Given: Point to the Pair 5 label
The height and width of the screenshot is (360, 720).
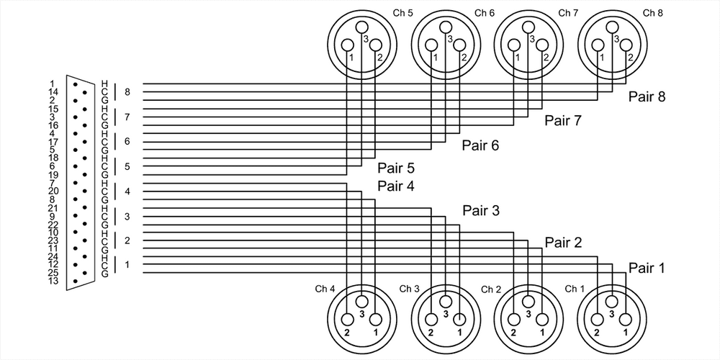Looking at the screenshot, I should coord(396,170).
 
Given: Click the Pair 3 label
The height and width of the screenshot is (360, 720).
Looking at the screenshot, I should coord(481,211).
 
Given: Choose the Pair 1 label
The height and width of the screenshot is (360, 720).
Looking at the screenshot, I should coord(647,268).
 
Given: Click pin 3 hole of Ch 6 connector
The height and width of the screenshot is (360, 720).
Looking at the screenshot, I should coord(446,28).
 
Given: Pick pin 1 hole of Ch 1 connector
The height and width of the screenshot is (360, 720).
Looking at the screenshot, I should coord(626,319).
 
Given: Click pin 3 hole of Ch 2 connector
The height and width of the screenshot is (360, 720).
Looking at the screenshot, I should coord(528,301).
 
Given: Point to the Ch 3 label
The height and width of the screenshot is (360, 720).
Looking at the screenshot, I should coord(410,289).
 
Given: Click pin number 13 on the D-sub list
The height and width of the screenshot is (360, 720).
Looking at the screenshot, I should coord(52,281).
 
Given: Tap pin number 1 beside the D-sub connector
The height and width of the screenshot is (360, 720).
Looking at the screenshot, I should coord(52,84).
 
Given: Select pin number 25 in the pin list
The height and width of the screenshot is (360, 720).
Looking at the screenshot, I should coord(52,273).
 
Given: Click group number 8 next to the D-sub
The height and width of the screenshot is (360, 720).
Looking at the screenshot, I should coord(127,92).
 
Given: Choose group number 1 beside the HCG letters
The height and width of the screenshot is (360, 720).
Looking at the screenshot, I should coord(127,265).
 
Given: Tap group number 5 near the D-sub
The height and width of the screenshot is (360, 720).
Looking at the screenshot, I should coord(127,166).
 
